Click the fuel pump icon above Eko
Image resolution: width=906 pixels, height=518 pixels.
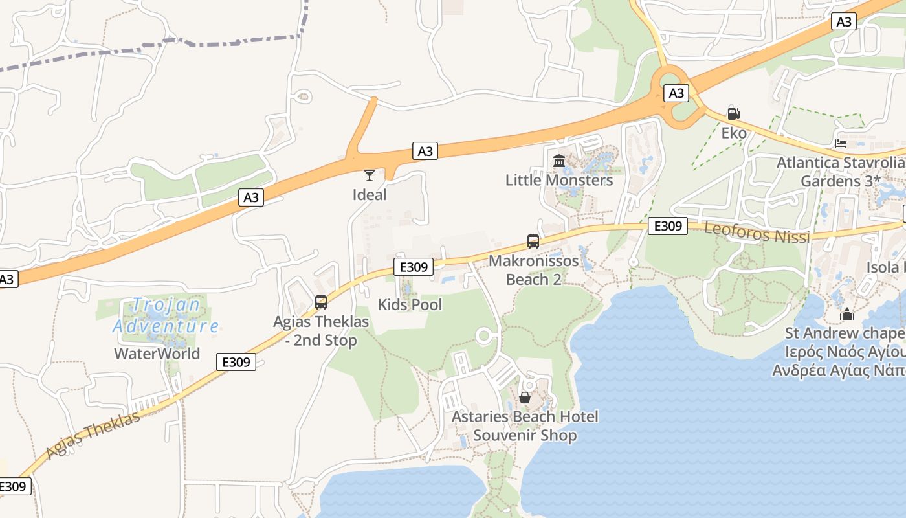tap(733, 113)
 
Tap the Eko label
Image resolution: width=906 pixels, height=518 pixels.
tap(734, 133)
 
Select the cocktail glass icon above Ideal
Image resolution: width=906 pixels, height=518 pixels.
tap(369, 175)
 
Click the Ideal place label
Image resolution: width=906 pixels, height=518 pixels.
tap(370, 195)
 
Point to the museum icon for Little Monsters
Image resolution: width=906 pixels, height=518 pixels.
tap(559, 160)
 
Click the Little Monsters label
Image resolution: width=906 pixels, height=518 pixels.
tap(559, 180)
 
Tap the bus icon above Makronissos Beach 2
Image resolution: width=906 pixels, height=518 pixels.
tap(533, 242)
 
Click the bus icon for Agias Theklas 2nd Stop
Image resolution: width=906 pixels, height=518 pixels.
tap(321, 302)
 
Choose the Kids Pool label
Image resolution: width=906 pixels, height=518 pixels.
tap(410, 304)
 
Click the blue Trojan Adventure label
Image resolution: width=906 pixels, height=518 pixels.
tap(166, 315)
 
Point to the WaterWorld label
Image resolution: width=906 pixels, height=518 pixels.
tap(157, 354)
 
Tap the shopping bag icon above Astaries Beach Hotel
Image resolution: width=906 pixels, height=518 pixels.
tap(525, 397)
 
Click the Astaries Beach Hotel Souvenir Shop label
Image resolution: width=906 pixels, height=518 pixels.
tap(525, 425)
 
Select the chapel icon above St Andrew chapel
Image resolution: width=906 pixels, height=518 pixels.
tap(847, 314)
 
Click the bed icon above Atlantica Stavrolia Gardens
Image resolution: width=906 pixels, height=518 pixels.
tap(841, 143)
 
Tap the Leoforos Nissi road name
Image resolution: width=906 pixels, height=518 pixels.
tap(757, 232)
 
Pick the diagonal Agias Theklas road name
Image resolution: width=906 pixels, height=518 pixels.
tap(93, 435)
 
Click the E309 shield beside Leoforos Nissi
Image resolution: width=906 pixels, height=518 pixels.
tap(667, 225)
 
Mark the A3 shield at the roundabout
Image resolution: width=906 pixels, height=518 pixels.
tap(676, 93)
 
